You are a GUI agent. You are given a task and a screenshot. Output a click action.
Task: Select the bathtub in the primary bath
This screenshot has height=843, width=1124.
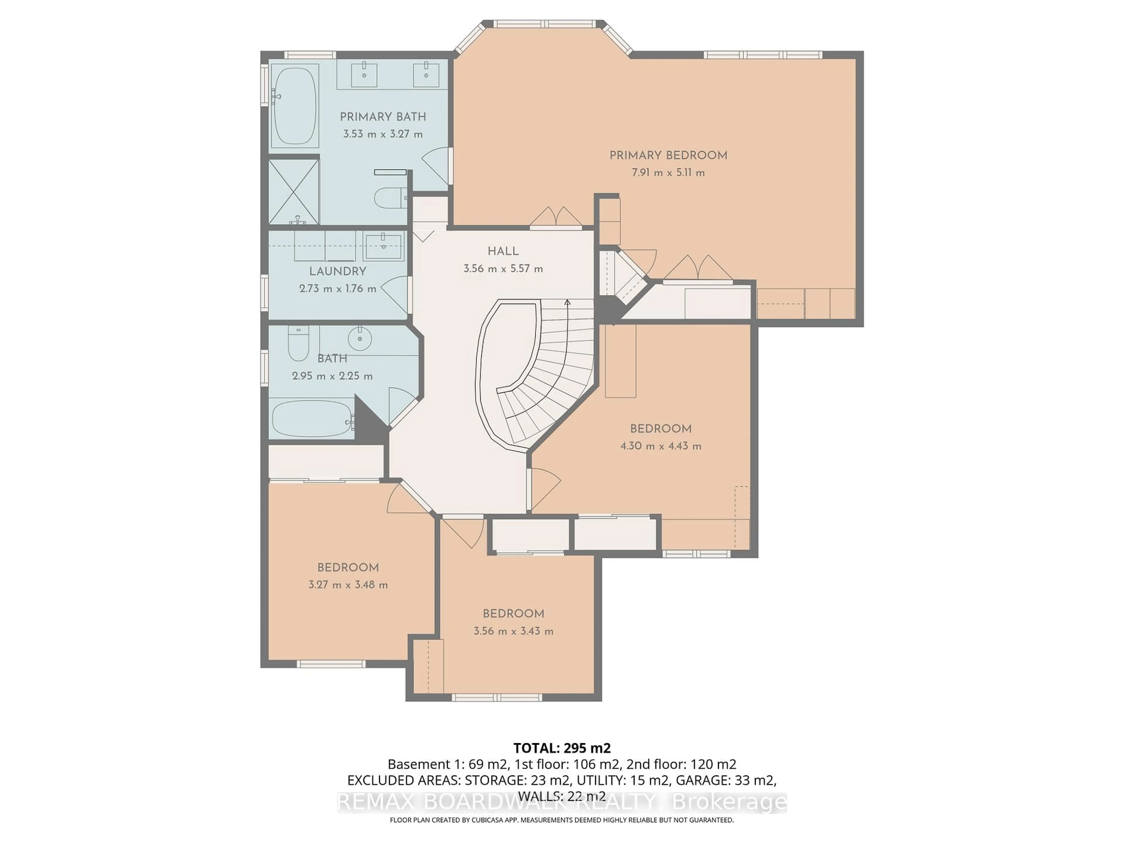coord(294,107)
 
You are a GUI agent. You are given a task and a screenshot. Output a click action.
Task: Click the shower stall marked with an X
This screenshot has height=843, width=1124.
coord(293,191)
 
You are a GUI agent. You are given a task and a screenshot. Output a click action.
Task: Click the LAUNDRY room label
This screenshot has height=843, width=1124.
coord(337,271)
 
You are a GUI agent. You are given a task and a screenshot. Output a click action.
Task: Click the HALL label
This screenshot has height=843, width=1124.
coord(503,251)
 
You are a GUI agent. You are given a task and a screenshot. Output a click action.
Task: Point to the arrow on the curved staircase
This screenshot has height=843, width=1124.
coord(568,303)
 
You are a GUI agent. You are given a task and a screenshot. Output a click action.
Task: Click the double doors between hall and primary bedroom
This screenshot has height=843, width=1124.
coord(556,217)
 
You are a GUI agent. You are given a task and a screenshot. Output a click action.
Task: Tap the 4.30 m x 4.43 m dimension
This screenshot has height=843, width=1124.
coord(661,446)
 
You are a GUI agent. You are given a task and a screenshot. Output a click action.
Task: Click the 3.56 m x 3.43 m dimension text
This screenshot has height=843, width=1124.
coord(513,631)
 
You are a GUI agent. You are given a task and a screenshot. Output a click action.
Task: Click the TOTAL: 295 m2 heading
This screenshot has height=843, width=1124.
coord(561,748)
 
